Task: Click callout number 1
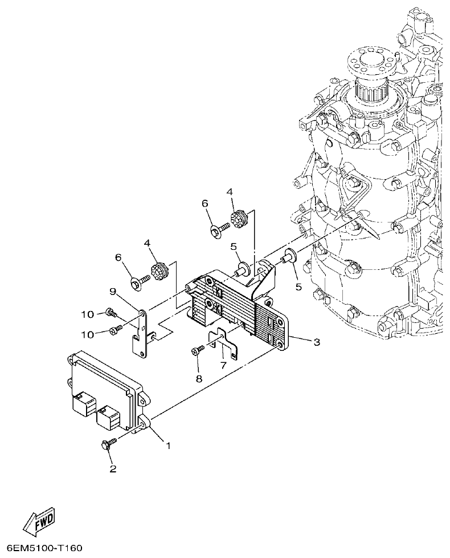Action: [168, 444]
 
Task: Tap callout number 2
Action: [113, 469]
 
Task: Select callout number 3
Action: [316, 342]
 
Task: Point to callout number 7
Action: [223, 363]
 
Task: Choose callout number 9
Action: [113, 292]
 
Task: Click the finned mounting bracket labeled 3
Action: [239, 308]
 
